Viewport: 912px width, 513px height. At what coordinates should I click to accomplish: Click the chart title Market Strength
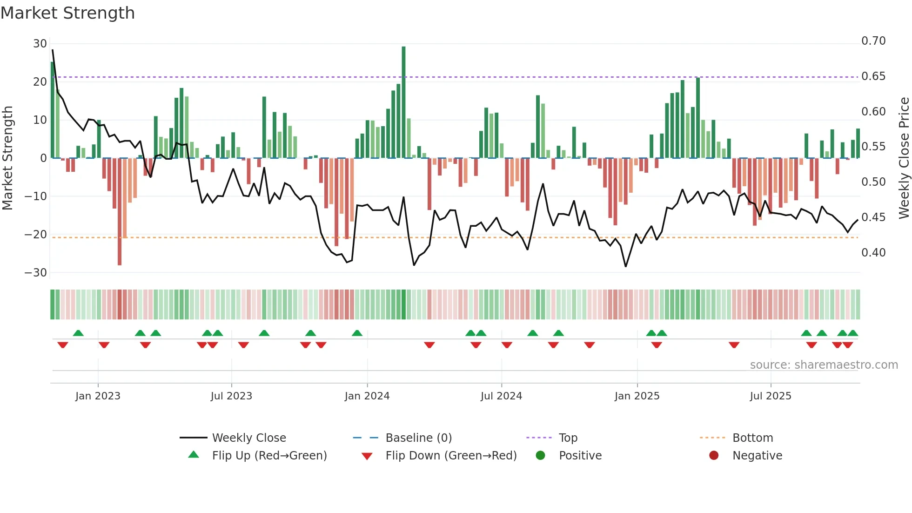(67, 13)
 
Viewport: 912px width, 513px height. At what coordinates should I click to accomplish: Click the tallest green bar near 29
(403, 102)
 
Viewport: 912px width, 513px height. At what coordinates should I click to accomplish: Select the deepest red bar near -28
(120, 212)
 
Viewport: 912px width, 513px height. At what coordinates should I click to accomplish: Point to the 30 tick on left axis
(40, 44)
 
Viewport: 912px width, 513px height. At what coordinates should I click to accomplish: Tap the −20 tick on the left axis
(36, 235)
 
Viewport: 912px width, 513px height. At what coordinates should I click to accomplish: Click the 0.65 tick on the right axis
(873, 76)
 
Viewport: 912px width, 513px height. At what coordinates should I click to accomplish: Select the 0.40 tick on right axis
(873, 253)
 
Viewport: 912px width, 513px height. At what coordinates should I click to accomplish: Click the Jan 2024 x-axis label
(367, 396)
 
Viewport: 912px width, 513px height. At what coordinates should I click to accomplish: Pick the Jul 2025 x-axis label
(770, 396)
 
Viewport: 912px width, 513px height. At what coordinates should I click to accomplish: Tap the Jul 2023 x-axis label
(231, 396)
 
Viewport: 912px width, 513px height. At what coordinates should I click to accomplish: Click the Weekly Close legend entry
(248, 438)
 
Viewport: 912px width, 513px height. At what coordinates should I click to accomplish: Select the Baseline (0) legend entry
(418, 438)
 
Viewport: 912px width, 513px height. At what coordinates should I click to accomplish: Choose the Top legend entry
(568, 438)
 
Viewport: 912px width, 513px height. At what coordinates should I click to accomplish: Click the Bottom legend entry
(752, 438)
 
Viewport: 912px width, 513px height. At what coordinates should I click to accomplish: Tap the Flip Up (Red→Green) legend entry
(269, 456)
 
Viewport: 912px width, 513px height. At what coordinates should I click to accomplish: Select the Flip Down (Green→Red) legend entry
(450, 456)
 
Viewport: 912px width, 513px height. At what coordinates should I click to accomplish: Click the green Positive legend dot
(540, 456)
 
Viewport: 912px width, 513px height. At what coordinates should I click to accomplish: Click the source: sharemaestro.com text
(824, 365)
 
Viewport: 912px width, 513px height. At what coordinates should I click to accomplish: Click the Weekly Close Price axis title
(904, 158)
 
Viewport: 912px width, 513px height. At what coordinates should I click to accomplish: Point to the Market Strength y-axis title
(8, 158)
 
